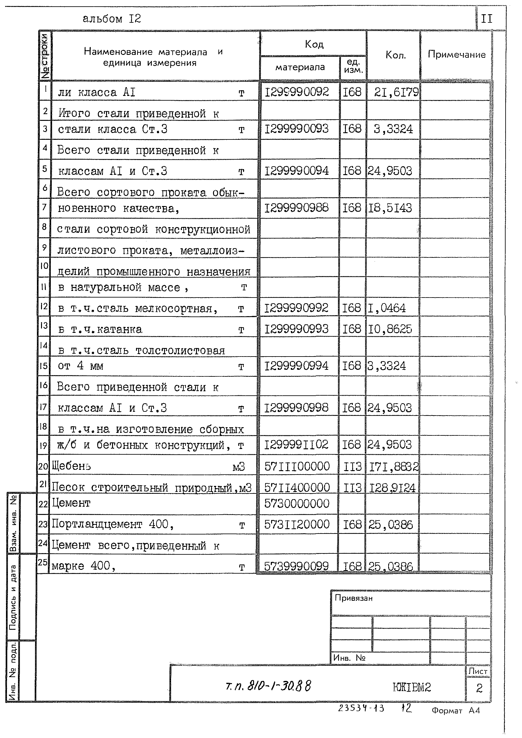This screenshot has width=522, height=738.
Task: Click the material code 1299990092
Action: [x=296, y=92]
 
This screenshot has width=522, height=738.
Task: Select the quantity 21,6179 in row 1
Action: [x=396, y=92]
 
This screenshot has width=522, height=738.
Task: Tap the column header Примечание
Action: [x=456, y=55]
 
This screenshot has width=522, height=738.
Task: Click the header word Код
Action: [x=314, y=44]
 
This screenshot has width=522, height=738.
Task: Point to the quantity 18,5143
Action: [x=389, y=208]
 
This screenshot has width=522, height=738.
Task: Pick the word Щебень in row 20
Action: [x=71, y=466]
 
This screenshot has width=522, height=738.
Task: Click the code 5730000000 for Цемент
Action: [x=297, y=503]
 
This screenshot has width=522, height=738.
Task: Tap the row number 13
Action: [x=44, y=326]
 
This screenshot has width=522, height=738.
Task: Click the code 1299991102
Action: [x=296, y=445]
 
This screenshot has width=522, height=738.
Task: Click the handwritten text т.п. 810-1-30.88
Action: [x=268, y=687]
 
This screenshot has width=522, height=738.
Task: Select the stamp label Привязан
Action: [x=353, y=598]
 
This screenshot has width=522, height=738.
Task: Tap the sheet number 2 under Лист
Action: [x=479, y=688]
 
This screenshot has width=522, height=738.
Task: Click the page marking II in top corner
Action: [x=486, y=19]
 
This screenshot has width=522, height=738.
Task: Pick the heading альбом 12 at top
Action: [x=111, y=19]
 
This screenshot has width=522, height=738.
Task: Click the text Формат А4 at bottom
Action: [x=455, y=711]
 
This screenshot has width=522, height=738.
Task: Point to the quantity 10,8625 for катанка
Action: [x=389, y=329]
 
